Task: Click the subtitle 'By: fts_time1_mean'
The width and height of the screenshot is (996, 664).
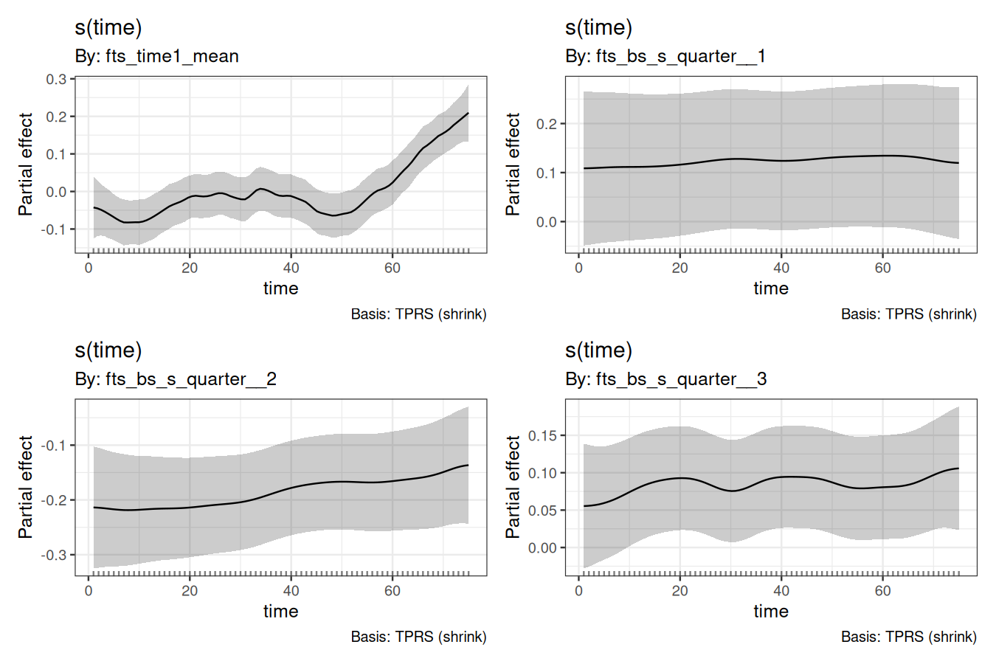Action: click(156, 56)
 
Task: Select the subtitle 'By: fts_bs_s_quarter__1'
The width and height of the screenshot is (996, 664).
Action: click(665, 56)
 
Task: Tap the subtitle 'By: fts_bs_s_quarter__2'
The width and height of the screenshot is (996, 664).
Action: click(175, 379)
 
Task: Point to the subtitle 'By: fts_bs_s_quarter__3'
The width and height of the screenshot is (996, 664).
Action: click(665, 379)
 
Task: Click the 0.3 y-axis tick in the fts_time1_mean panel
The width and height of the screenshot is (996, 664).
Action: click(56, 79)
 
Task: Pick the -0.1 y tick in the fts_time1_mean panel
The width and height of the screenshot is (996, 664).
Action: click(54, 229)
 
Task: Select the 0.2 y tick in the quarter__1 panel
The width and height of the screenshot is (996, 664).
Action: click(547, 124)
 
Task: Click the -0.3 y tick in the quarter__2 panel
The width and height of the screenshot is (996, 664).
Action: click(54, 555)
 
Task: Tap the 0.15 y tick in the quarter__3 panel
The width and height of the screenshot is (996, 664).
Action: click(543, 435)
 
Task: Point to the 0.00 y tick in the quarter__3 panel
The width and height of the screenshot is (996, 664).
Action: click(543, 548)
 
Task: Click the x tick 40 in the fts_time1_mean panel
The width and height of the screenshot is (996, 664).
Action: click(291, 268)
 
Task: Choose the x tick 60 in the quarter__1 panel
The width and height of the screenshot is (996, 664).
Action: click(882, 268)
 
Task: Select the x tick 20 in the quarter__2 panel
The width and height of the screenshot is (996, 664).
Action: click(190, 591)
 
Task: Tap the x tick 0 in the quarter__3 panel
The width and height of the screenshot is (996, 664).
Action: click(579, 591)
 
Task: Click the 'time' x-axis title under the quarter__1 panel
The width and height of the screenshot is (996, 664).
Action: click(771, 288)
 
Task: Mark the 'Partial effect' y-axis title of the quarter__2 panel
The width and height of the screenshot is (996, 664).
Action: click(26, 487)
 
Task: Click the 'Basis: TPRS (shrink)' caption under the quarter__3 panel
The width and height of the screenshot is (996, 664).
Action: click(908, 637)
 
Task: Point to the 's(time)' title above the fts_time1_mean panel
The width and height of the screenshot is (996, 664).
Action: click(108, 27)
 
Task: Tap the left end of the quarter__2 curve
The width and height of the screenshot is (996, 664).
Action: click(94, 507)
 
